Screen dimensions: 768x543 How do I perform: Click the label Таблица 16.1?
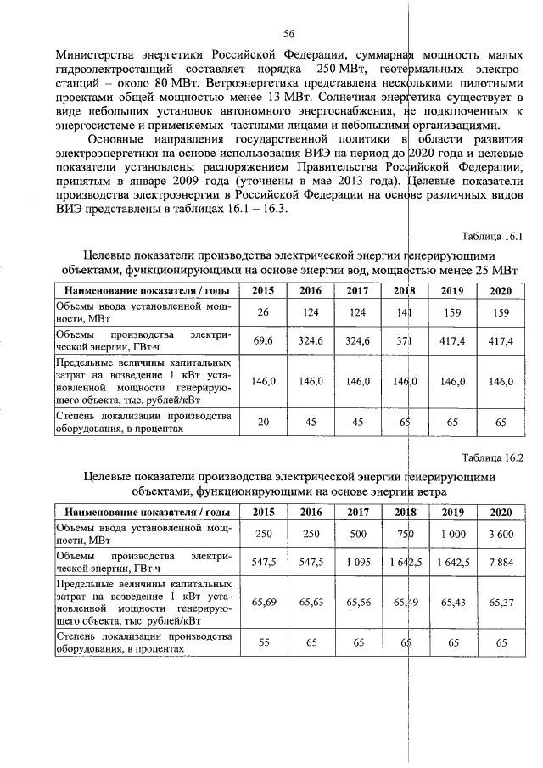493,236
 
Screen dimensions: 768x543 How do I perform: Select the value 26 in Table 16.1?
264,312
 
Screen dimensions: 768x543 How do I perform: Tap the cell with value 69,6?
264,340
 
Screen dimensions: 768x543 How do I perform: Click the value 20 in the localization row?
264,422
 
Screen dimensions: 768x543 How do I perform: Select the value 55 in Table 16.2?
264,642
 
